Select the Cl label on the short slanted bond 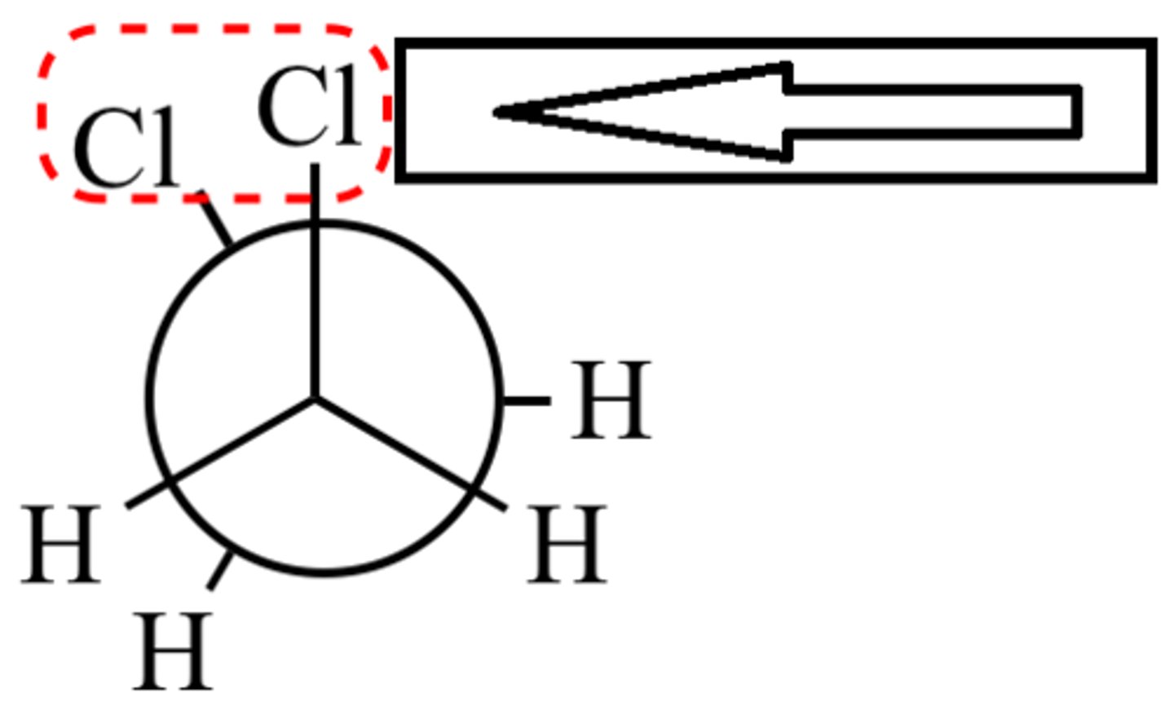coord(126,148)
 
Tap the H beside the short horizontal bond coord(611,400)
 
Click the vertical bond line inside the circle coord(315,310)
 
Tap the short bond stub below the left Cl coord(215,219)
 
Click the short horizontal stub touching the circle coord(526,400)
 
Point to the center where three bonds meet coord(315,399)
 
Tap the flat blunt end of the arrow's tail coord(1078,110)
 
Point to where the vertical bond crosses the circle coord(315,223)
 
